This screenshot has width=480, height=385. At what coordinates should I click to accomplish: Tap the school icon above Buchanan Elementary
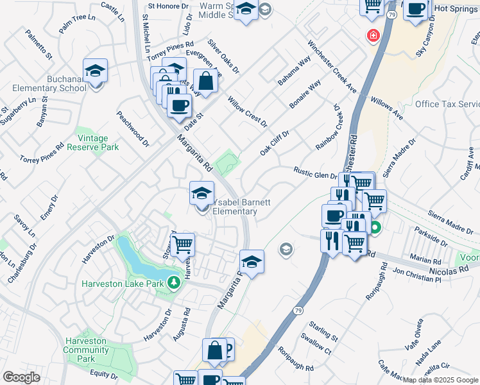coord(95,71)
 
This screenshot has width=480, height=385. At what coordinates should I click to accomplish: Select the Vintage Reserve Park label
coord(98,142)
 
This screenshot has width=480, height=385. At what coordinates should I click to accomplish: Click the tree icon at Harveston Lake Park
coord(173,282)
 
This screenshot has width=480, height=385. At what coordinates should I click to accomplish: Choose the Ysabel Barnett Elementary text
coord(241,207)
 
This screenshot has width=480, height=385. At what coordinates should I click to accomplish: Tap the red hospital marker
coord(372,36)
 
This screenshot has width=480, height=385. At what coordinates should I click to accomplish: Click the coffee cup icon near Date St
coord(179,105)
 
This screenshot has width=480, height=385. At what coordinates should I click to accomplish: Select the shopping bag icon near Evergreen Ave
coord(205,81)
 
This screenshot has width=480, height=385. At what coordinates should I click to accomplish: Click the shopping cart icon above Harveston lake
coord(183,244)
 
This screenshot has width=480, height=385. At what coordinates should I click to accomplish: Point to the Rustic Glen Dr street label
coord(315,173)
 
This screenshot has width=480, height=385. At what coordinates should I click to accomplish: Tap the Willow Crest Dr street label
coord(247,112)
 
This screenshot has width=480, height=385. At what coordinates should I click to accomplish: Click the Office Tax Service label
coord(447,104)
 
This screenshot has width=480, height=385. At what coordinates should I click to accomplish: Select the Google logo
coord(22,377)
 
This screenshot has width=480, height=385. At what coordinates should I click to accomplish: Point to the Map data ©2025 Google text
coord(440,380)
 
